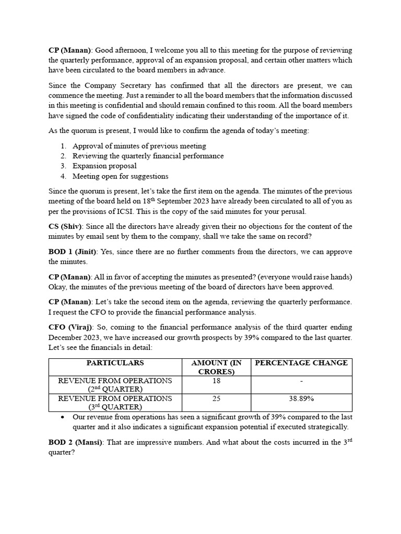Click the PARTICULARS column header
click(x=115, y=363)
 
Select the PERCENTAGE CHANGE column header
click(x=301, y=363)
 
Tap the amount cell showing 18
click(x=216, y=381)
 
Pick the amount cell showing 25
click(x=216, y=398)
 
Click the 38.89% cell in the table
click(x=301, y=398)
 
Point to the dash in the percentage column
click(x=301, y=381)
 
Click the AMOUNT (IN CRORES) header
click(x=216, y=367)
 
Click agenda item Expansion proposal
click(x=104, y=166)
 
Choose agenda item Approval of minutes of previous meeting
click(x=139, y=146)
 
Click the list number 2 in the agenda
click(x=63, y=156)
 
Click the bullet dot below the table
click(x=63, y=418)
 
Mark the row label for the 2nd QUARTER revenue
click(x=115, y=385)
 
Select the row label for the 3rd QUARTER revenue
click(x=115, y=403)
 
